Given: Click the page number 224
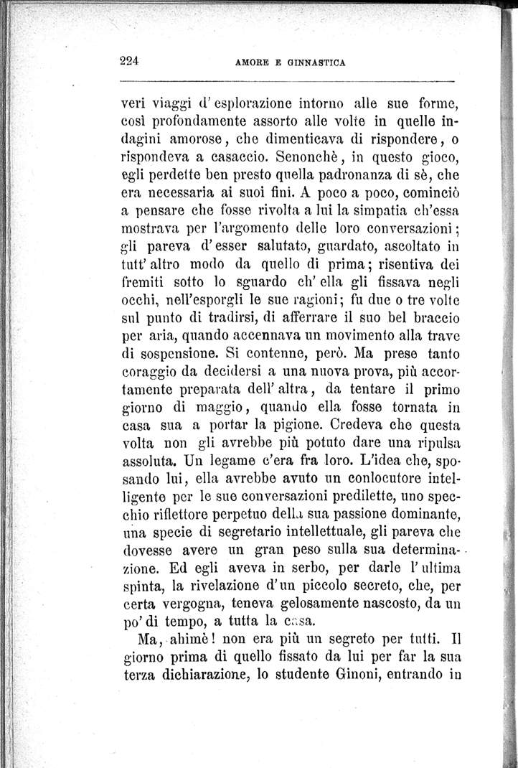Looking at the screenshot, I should coord(129,60).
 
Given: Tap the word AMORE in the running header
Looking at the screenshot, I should coord(252,62).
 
